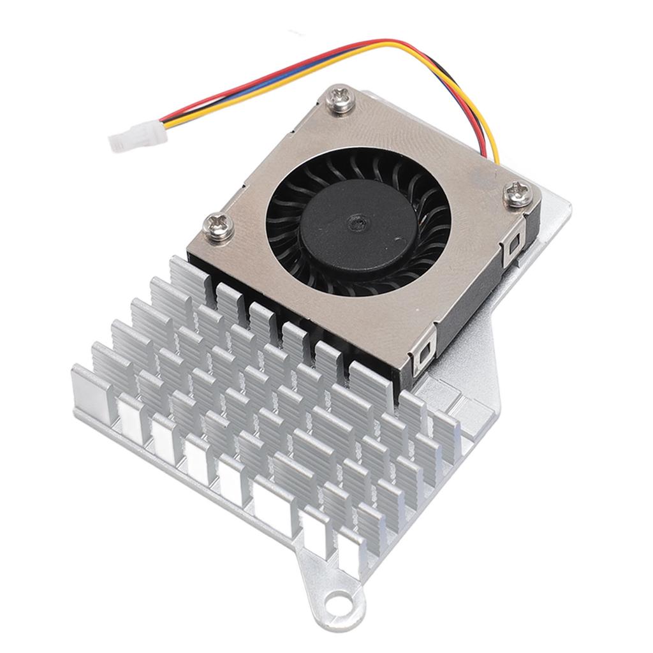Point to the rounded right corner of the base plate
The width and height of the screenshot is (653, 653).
tap(564, 210)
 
